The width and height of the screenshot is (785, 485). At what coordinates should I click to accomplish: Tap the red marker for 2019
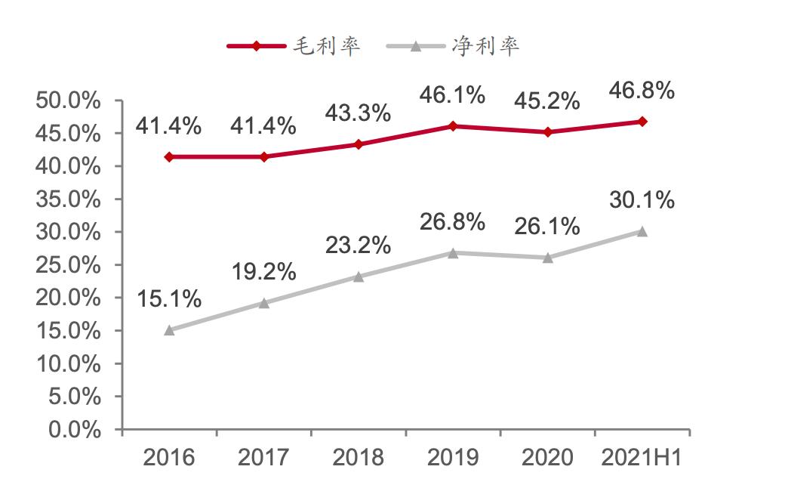[x=453, y=126]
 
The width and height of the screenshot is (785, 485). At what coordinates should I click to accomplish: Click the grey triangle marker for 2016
[x=169, y=330]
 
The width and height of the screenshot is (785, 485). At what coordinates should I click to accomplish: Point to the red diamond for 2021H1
[x=642, y=121]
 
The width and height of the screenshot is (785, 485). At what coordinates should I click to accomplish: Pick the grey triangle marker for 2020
[x=547, y=258]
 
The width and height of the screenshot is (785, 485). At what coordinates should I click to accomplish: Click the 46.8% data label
[x=642, y=91]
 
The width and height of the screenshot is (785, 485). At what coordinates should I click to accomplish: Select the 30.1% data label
[x=642, y=201]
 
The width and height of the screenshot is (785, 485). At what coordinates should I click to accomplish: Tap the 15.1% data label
[x=168, y=299]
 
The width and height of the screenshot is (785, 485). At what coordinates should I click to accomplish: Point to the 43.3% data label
[x=358, y=113]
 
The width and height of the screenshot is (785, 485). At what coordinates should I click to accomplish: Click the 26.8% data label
[x=453, y=222]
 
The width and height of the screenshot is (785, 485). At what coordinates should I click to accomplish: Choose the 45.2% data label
[x=547, y=100]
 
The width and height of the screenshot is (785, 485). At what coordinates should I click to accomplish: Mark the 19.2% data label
[x=263, y=272]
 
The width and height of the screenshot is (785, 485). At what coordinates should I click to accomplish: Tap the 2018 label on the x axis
[x=358, y=458]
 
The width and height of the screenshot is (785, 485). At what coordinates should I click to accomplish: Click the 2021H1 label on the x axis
[x=642, y=458]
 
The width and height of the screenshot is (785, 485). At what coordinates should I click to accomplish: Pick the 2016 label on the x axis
[x=168, y=458]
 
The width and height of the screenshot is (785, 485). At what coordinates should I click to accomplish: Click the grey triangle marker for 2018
[x=359, y=276]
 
